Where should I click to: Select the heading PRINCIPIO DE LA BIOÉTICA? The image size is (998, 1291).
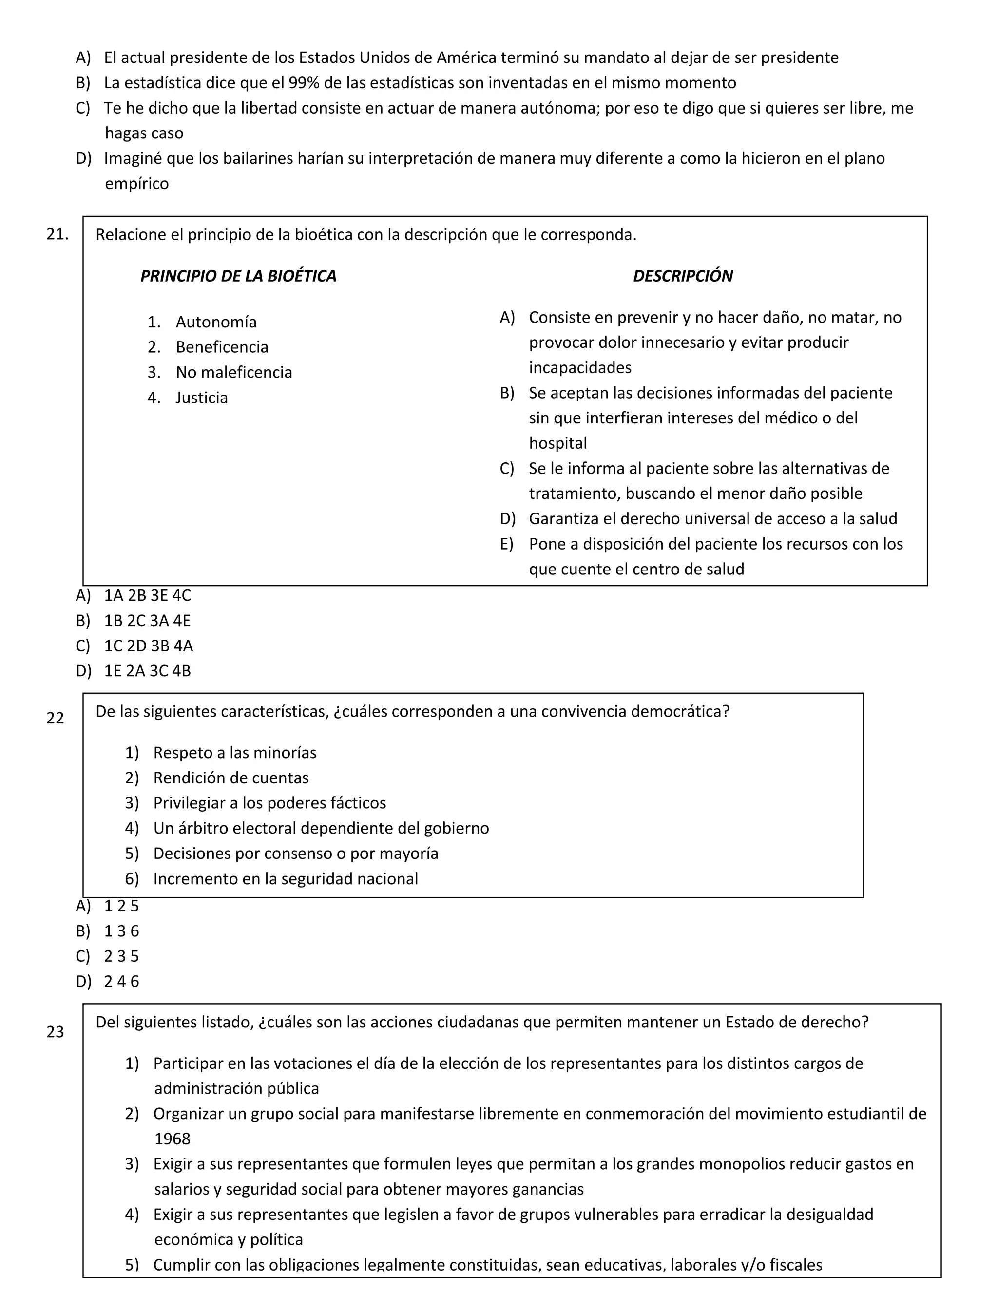click(x=238, y=276)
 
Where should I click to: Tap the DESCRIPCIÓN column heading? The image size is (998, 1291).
click(x=682, y=276)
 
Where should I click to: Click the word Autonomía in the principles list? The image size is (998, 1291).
click(x=216, y=322)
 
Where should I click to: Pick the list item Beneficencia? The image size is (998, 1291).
click(x=222, y=347)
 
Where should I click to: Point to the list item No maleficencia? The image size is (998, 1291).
click(x=233, y=372)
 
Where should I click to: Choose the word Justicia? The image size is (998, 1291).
click(x=202, y=398)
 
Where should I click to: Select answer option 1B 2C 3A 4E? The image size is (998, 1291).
click(x=147, y=621)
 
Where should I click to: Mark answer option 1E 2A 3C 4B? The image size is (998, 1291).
click(x=147, y=671)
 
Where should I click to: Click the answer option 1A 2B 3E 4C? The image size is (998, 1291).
click(x=147, y=595)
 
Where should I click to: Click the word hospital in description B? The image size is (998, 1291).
click(x=557, y=443)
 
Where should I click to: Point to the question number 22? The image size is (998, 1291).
click(x=55, y=718)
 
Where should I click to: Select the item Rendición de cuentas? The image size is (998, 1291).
click(x=230, y=778)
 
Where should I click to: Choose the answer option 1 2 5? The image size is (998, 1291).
click(x=121, y=906)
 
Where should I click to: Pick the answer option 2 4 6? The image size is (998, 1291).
click(x=121, y=982)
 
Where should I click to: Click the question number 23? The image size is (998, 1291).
click(x=55, y=1031)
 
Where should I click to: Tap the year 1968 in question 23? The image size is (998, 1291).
click(x=172, y=1139)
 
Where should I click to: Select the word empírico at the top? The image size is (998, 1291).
click(x=136, y=184)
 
